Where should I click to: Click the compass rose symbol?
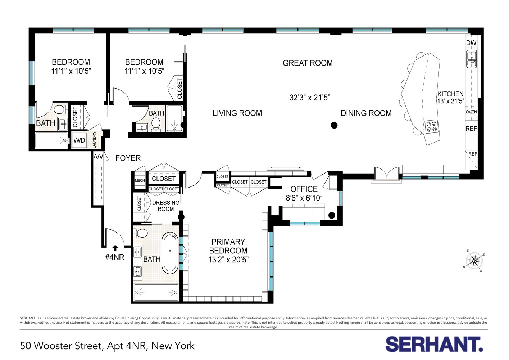click(x=474, y=261)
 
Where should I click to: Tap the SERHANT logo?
click(x=434, y=344)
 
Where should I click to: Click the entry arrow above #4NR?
click(x=115, y=248)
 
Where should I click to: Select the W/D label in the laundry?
click(x=79, y=140)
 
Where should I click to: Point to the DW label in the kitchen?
click(x=471, y=43)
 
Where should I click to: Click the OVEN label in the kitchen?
click(x=471, y=112)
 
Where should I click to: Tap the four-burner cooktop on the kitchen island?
click(x=432, y=126)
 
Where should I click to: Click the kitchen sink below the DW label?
click(x=471, y=59)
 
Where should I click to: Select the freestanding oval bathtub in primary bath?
click(x=170, y=253)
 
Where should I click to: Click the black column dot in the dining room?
click(x=334, y=125)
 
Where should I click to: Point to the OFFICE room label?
click(x=304, y=189)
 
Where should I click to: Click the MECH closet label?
click(x=140, y=180)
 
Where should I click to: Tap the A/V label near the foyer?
click(x=98, y=157)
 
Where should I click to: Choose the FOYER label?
click(x=128, y=158)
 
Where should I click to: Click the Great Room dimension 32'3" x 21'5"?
click(x=309, y=98)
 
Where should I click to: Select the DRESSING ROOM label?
click(x=165, y=206)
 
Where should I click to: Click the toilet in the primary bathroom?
click(x=141, y=233)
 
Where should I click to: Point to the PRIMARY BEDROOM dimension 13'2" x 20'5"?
click(x=228, y=260)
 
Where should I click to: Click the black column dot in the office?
click(x=332, y=215)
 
